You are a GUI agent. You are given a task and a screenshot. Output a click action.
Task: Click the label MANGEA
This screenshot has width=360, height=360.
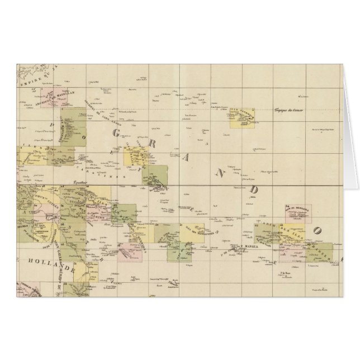click(x=250, y=247)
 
